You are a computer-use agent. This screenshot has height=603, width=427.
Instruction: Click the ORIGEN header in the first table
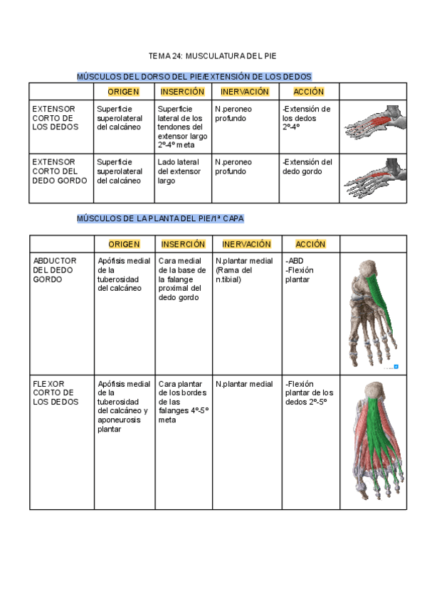[123, 92]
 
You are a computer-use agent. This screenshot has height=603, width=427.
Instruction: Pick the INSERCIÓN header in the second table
[182, 244]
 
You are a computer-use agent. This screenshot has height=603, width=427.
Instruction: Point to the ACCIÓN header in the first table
[308, 92]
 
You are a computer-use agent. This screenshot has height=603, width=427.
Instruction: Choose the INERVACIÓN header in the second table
[246, 244]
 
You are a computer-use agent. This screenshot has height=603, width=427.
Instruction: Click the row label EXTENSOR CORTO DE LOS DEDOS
[53, 118]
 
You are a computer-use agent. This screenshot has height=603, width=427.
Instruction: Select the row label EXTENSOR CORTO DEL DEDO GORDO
[59, 171]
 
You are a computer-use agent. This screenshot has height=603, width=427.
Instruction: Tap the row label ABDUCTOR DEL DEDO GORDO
[55, 270]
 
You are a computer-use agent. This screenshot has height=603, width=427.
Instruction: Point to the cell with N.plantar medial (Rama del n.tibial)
[244, 270]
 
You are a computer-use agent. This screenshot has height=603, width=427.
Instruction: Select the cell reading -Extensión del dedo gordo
[307, 166]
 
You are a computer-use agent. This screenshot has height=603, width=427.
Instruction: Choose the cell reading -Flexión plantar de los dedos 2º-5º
[309, 393]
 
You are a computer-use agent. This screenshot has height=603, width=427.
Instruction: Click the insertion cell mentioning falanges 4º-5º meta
[183, 402]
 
